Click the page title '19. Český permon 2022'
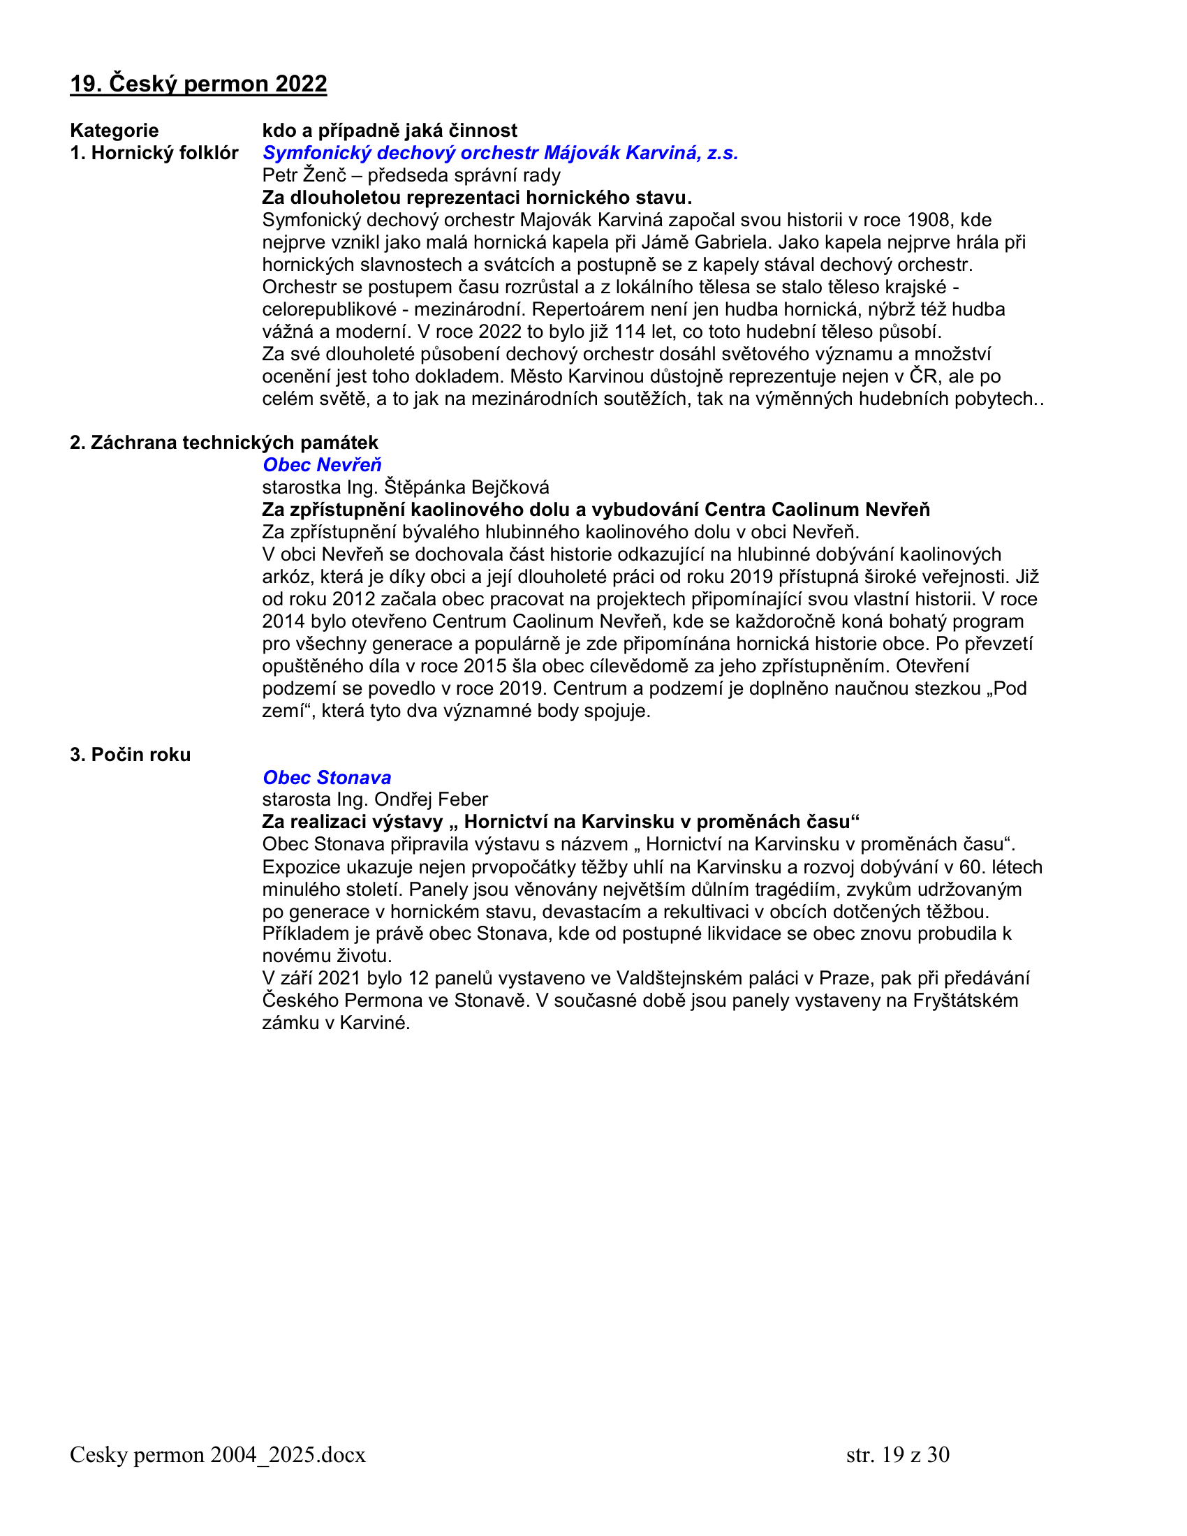point(198,84)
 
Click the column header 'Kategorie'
point(114,130)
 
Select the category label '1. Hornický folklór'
point(154,153)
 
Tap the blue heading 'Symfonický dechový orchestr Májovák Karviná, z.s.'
point(500,153)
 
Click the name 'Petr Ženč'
point(304,175)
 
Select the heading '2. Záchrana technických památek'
point(223,443)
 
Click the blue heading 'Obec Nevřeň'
point(321,465)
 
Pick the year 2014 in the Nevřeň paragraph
point(284,621)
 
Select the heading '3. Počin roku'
point(130,755)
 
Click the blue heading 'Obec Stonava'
point(326,777)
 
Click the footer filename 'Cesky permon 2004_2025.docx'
point(218,1454)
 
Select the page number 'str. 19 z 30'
point(897,1454)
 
